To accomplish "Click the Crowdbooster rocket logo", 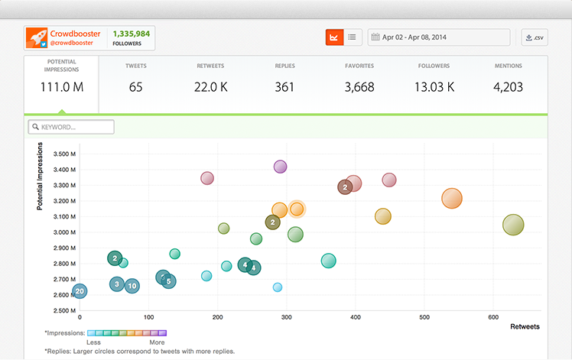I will click(x=36, y=37).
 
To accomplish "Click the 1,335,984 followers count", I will click(x=132, y=34).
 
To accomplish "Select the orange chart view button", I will click(x=333, y=37).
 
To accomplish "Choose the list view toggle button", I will click(x=352, y=37).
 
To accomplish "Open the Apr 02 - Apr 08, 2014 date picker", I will click(x=439, y=37).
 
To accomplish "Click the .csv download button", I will click(x=535, y=37).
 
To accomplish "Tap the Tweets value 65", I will click(x=135, y=87).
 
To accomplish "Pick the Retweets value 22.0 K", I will click(x=210, y=87).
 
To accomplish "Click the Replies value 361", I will click(x=284, y=87).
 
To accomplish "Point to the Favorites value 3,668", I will click(x=359, y=87).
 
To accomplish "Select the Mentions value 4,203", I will click(x=508, y=87).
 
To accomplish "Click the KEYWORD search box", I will click(x=71, y=127).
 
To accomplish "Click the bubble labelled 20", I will click(x=79, y=291).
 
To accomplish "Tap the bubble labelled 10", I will click(x=132, y=286).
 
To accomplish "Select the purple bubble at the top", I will click(x=280, y=167).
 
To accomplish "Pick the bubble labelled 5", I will click(x=168, y=281).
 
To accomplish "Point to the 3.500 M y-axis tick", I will click(x=63, y=154).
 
